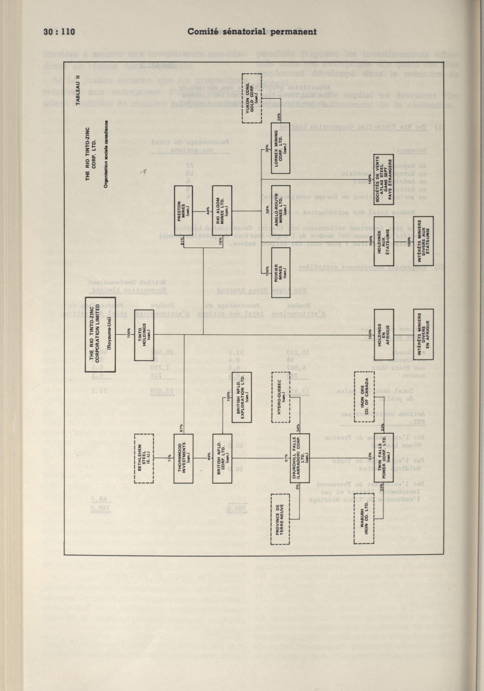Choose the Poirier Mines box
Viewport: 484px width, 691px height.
[281, 272]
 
